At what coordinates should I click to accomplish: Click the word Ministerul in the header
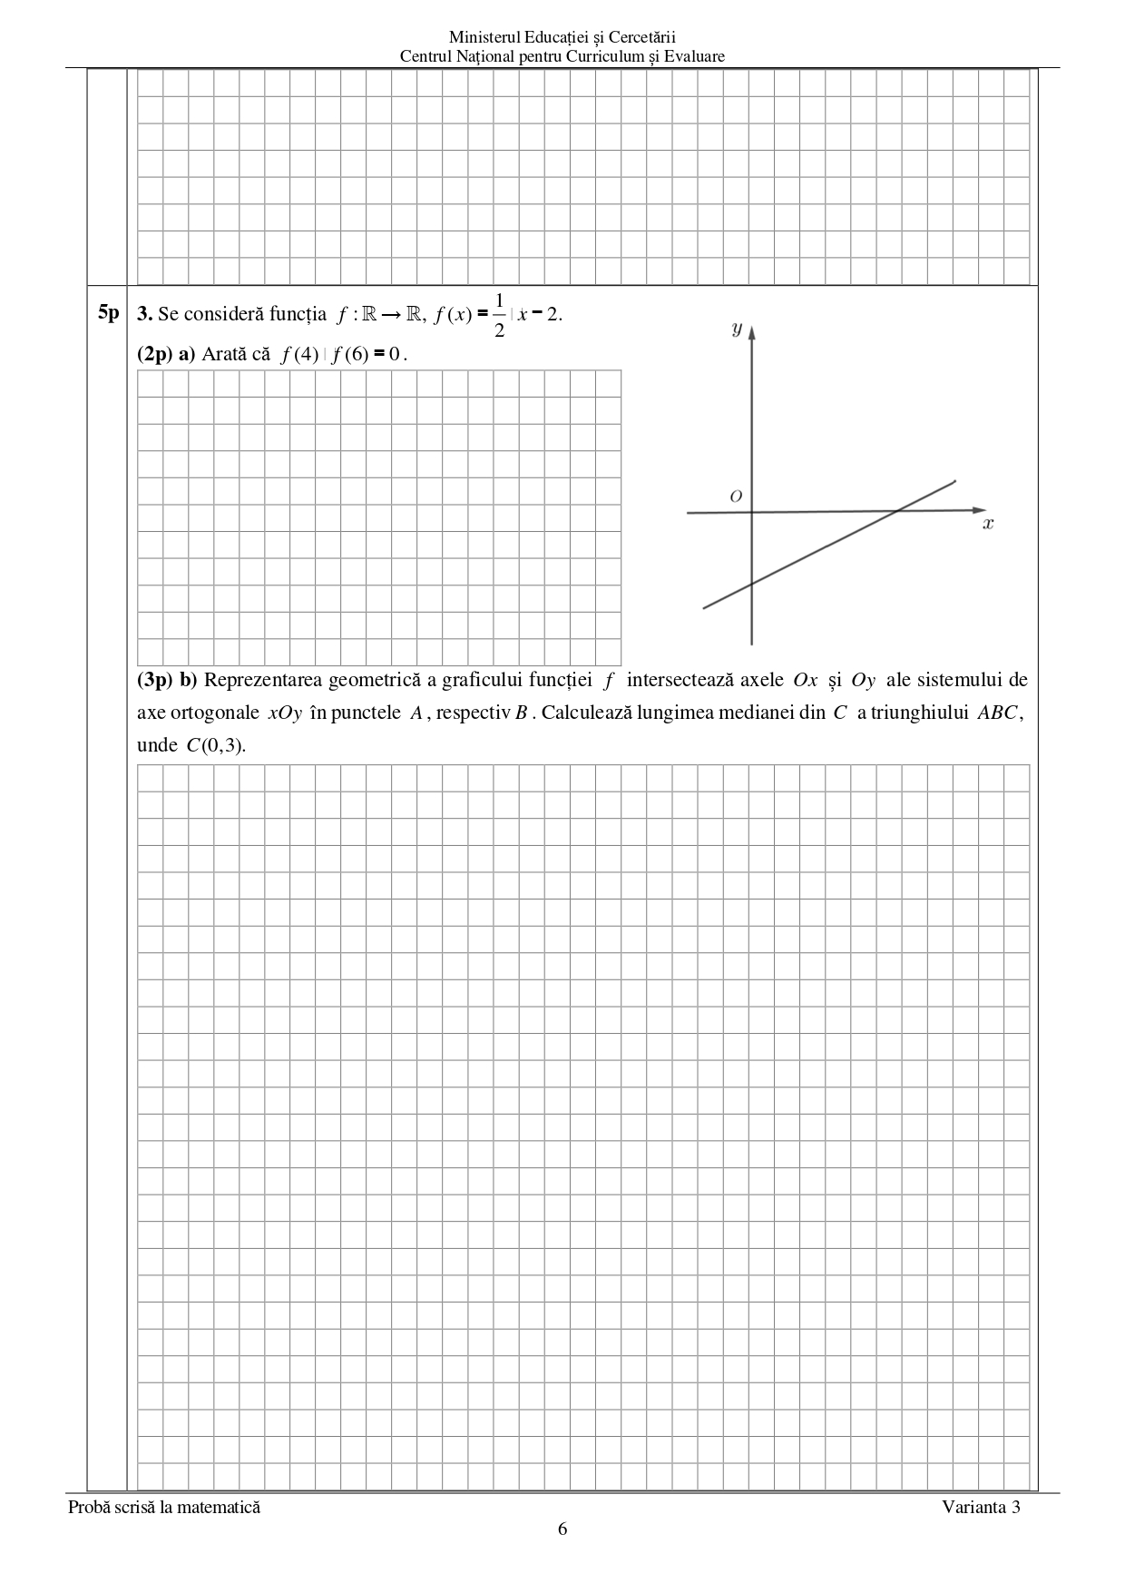pos(481,37)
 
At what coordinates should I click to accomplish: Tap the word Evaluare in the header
pos(694,56)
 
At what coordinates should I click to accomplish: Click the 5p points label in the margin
pos(108,313)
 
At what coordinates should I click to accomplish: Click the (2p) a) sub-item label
pos(166,354)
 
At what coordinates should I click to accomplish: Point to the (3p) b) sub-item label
pos(167,680)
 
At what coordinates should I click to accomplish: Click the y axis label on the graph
pos(737,329)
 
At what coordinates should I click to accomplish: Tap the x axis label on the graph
pos(988,524)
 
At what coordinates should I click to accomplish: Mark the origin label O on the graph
pos(736,496)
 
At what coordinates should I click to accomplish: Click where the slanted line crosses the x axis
pos(895,511)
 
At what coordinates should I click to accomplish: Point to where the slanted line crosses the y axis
pos(752,584)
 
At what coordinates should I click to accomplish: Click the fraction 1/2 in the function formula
pos(499,314)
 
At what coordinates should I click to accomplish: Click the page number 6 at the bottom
pos(562,1529)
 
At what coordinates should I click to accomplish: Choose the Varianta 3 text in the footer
pos(981,1507)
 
